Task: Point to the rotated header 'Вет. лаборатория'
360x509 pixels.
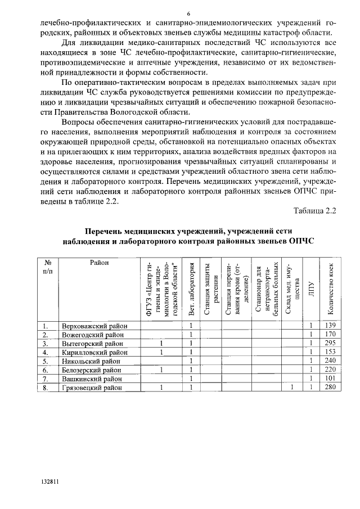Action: (192, 289)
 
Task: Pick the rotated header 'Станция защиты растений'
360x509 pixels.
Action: (211, 289)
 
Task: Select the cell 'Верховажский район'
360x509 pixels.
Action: (94, 326)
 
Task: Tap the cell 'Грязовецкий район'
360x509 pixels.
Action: (94, 388)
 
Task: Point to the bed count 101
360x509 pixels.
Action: (330, 379)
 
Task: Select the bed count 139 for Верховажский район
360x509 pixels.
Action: (330, 326)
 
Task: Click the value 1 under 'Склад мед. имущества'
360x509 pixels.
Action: (292, 388)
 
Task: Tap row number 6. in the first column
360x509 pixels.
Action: (46, 370)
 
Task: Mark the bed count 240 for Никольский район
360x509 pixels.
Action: (330, 361)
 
